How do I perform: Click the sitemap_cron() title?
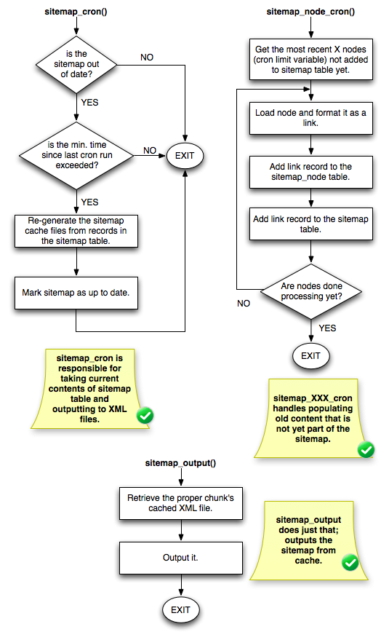click(x=76, y=14)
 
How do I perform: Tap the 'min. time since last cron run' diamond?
click(x=76, y=154)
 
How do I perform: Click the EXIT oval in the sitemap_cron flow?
click(x=185, y=154)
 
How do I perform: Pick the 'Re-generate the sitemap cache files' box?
click(x=76, y=231)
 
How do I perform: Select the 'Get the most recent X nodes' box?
click(x=311, y=58)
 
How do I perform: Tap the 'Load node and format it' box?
click(x=311, y=119)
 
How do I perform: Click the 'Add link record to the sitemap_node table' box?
click(x=311, y=171)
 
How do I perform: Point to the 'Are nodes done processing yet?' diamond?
click(x=311, y=291)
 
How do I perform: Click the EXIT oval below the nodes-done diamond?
click(x=310, y=356)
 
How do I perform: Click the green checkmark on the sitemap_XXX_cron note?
click(x=366, y=450)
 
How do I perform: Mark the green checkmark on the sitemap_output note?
click(x=350, y=562)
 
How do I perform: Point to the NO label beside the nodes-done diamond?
click(x=244, y=303)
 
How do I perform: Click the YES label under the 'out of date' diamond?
click(x=89, y=103)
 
